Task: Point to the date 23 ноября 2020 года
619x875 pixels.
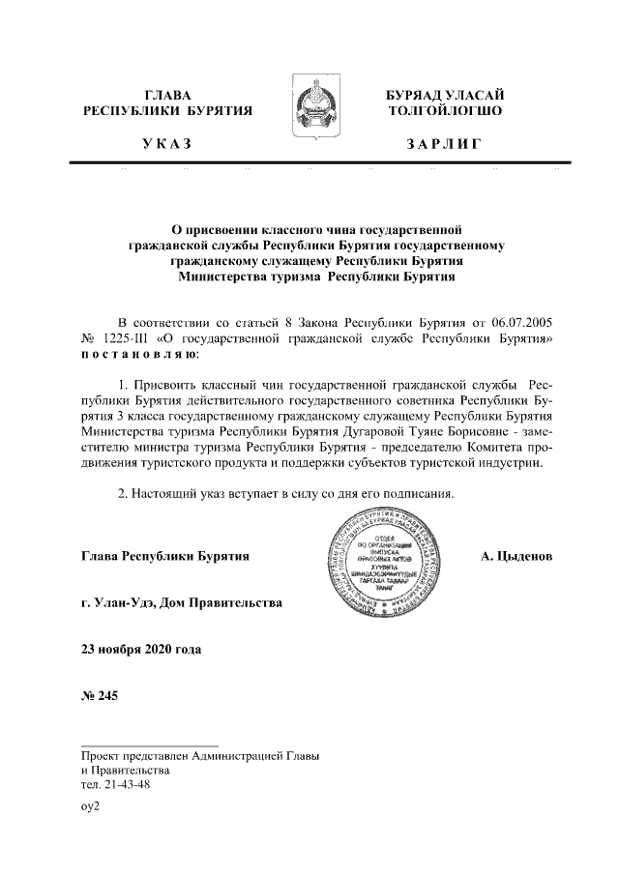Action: (141, 650)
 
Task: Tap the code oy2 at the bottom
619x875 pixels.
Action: (91, 806)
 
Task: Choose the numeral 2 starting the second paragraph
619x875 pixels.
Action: (121, 494)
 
